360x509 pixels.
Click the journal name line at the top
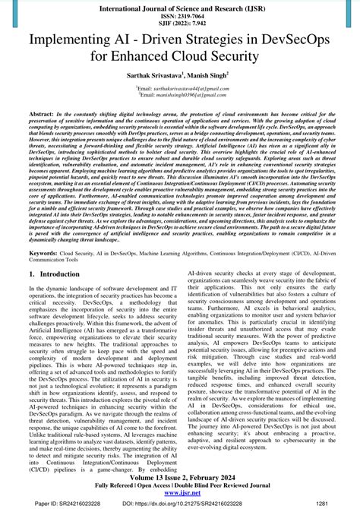[180, 5]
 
